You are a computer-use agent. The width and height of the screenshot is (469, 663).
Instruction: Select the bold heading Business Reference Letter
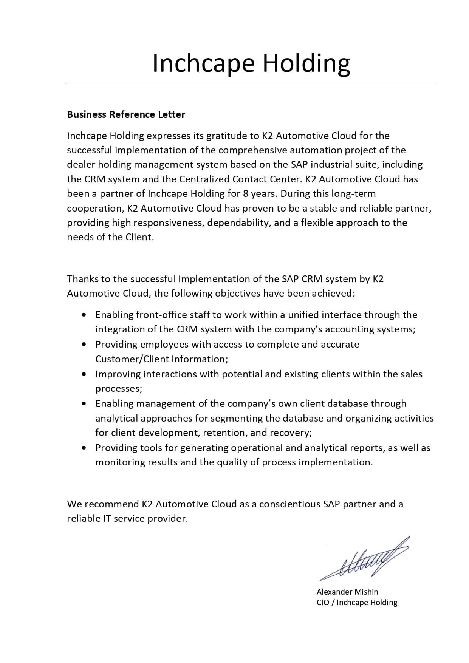pos(126,114)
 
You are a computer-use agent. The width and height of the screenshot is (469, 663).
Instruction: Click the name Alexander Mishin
pos(347,592)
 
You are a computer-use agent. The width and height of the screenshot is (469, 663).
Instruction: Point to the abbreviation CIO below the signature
pos(323,602)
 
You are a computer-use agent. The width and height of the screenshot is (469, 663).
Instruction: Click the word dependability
pos(239,223)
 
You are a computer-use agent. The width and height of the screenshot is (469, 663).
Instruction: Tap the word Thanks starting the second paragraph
pos(82,279)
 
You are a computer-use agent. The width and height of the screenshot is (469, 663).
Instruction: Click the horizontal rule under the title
pos(251,83)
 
